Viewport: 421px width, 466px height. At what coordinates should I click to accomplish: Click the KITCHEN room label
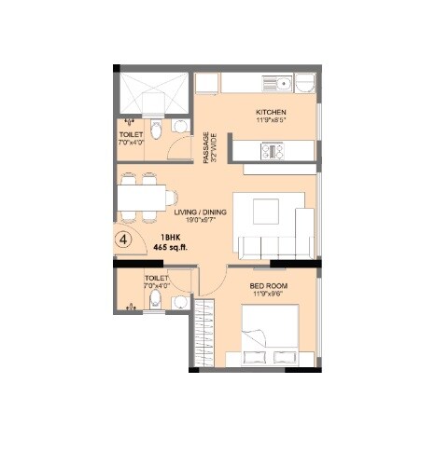pyautogui.click(x=270, y=112)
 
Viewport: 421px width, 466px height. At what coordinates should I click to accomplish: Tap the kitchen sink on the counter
pyautogui.click(x=304, y=85)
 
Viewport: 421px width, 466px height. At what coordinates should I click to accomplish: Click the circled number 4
pyautogui.click(x=127, y=238)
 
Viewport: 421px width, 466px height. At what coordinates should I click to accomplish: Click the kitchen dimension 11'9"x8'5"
pyautogui.click(x=270, y=120)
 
